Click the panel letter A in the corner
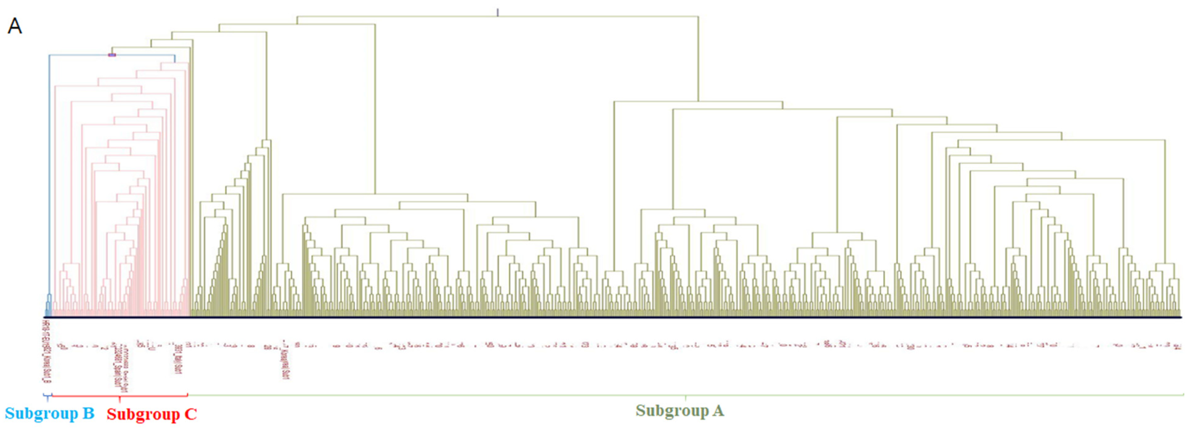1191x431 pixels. [15, 26]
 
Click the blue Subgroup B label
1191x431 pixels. [50, 413]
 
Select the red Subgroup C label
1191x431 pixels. [152, 414]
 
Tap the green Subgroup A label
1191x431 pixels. [680, 410]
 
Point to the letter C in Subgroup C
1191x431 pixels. [191, 414]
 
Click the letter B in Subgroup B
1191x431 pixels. [88, 413]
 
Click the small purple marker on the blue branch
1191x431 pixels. [112, 55]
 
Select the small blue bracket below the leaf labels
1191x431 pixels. [47, 396]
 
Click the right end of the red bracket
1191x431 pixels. [187, 395]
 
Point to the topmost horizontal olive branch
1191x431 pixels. [498, 16]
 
